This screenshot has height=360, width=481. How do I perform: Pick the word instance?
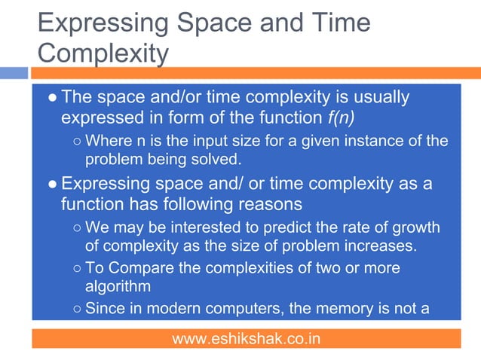coord(375,141)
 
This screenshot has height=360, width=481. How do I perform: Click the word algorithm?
coord(118,286)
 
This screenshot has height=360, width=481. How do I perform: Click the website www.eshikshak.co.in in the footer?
coord(246,339)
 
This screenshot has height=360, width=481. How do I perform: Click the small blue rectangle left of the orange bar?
coord(14,73)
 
